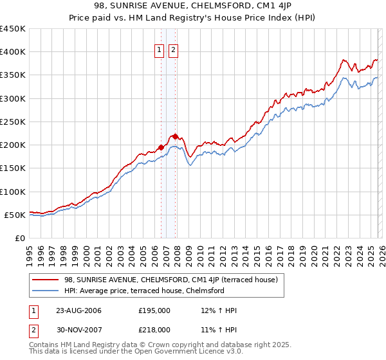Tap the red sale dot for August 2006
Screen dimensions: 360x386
(x=161, y=147)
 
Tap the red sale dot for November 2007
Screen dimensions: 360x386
(x=176, y=136)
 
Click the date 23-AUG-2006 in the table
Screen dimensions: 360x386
(x=78, y=310)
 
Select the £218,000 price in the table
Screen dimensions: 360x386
(x=154, y=329)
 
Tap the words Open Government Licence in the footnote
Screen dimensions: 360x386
(x=174, y=352)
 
